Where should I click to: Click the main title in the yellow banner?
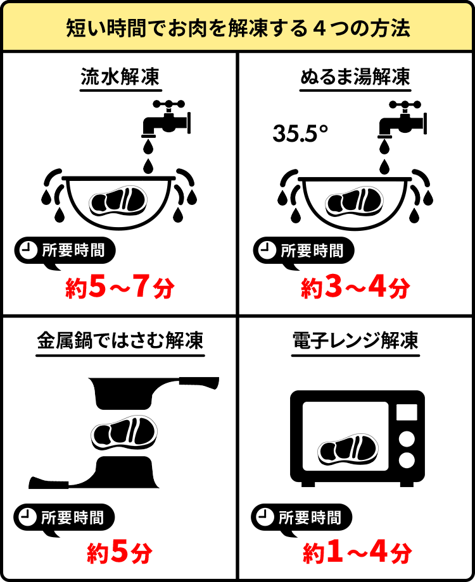point(237,28)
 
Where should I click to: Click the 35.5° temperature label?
point(301,133)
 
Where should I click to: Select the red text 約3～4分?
point(355,288)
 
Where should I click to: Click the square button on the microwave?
point(406,412)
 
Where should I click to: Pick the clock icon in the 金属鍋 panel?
point(27,517)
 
